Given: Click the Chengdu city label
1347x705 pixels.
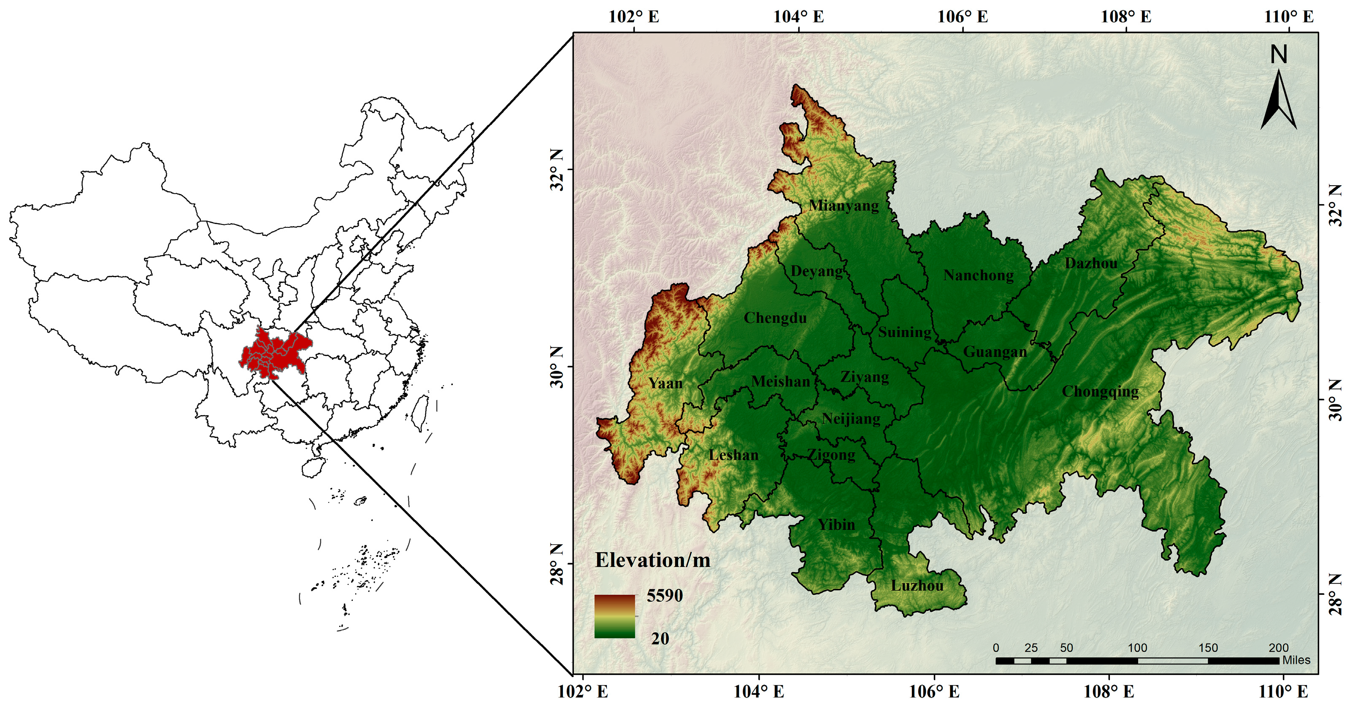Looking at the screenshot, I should point(775,318).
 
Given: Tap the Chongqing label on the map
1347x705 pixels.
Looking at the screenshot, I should point(1100,391).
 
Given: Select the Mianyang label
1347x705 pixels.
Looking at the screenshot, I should point(844,205).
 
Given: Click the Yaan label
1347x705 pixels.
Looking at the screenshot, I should point(665,383).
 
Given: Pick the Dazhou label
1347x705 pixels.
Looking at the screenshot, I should point(1091,263).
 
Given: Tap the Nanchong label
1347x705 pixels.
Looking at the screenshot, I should point(978,275).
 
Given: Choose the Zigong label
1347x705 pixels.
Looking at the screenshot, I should point(831,455).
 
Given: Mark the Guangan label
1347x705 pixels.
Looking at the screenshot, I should point(995,352).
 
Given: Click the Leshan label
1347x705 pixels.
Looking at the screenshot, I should point(733,455).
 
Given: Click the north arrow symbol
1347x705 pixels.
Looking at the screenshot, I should point(1279,102).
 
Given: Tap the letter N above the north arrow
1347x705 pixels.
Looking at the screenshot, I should point(1279,54).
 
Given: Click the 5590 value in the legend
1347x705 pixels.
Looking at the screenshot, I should point(665,595).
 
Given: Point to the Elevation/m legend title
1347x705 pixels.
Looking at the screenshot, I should point(652,560).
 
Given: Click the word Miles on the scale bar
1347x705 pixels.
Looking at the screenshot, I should point(1296,660).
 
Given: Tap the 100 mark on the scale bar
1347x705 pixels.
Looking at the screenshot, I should point(1137,648).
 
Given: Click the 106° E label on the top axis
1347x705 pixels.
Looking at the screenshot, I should point(962,17).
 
